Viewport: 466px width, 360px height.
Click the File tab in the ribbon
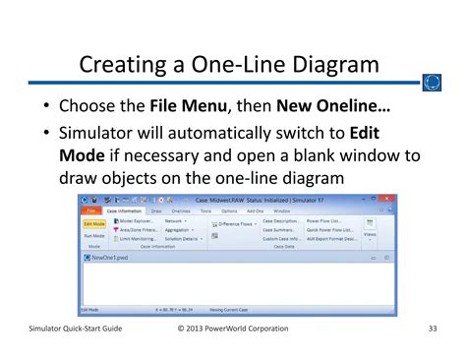coord(90,210)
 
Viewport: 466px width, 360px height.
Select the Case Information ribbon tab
coord(123,210)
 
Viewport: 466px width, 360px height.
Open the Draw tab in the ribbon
coord(155,210)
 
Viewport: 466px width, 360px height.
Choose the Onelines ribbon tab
coord(180,210)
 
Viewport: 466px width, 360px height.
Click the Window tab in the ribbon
coord(282,210)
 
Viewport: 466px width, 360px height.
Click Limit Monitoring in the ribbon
coord(138,239)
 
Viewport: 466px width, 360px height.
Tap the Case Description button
coord(281,222)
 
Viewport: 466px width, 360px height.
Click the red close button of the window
coord(388,201)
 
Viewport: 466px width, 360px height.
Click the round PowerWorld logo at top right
coord(431,83)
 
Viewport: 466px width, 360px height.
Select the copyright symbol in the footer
coord(183,329)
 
